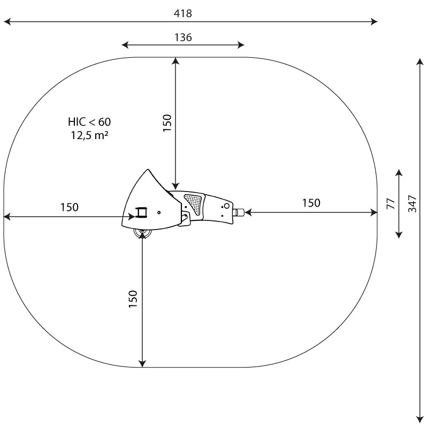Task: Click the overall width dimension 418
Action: coord(183,13)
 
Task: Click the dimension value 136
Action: coord(183,37)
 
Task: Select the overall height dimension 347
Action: coord(412,204)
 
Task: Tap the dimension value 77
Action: coord(391,204)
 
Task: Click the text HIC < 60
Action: coord(89,122)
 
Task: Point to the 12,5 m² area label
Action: coord(89,135)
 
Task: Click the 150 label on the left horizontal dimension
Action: coord(70,208)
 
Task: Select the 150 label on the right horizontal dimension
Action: coord(311,203)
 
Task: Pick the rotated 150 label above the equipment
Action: coord(167,123)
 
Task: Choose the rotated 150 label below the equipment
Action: coord(133,299)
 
